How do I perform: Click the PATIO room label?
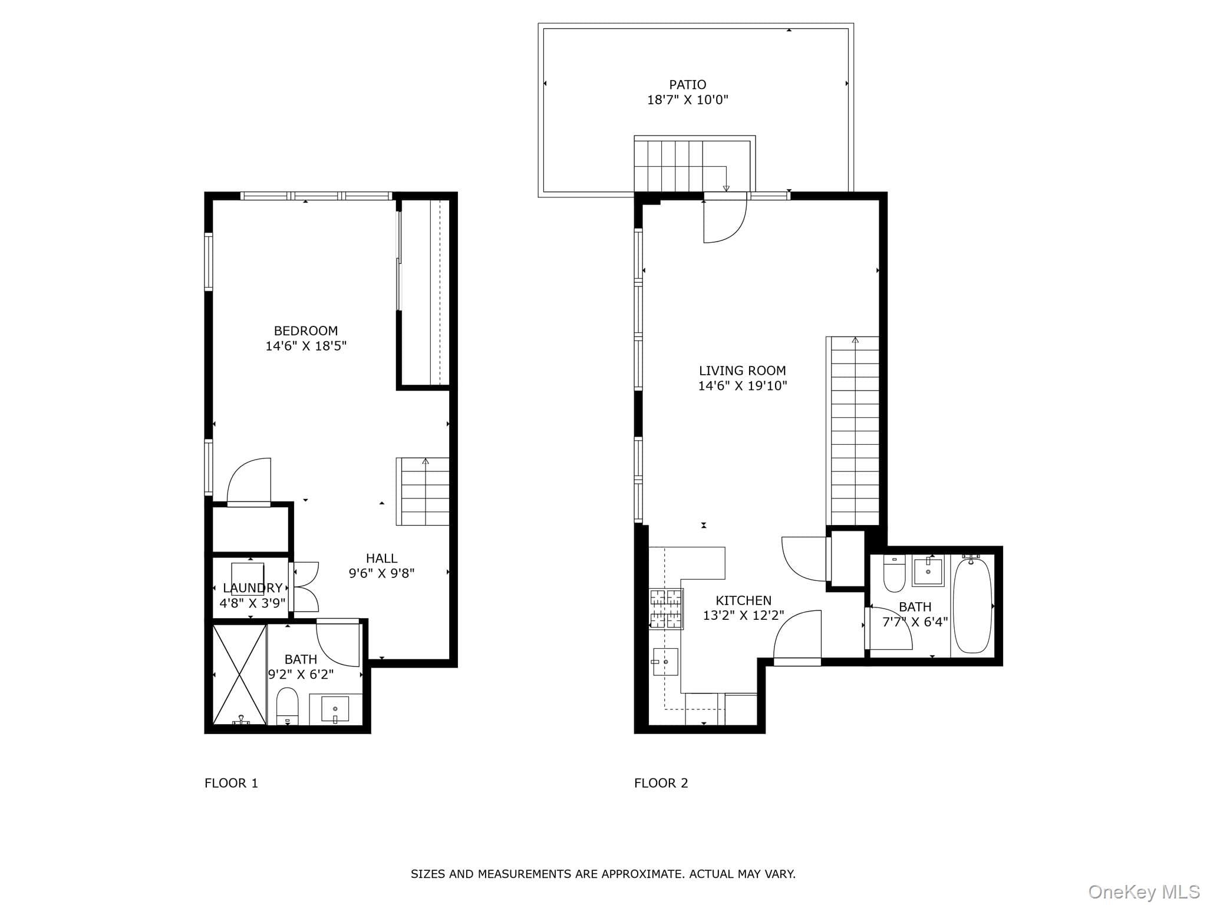click(x=687, y=85)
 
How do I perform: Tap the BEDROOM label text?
click(x=306, y=331)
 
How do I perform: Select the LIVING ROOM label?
click(x=743, y=371)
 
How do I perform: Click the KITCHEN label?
click(x=743, y=601)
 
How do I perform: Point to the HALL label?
click(x=381, y=559)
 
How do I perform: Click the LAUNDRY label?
click(x=253, y=588)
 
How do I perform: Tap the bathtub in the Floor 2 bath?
click(x=972, y=605)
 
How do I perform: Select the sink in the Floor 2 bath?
click(x=928, y=571)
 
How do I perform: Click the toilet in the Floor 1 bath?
click(x=288, y=706)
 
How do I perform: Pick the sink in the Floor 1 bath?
click(x=335, y=709)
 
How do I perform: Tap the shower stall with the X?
click(x=239, y=675)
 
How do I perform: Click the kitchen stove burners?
click(x=666, y=609)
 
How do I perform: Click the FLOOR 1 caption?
click(x=231, y=783)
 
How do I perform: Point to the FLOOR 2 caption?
click(x=661, y=783)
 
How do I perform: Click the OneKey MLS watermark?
click(x=1144, y=892)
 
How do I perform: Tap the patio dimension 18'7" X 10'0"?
click(x=687, y=100)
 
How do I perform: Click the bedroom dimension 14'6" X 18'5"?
click(x=306, y=346)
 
